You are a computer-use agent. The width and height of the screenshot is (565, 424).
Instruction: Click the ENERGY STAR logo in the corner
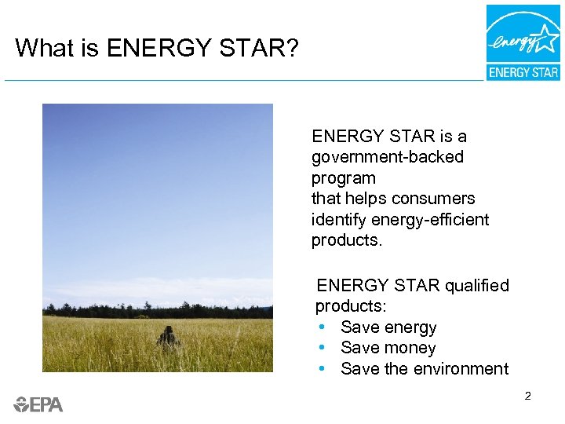coord(523,42)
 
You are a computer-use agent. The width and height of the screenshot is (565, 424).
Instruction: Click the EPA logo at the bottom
coord(38,404)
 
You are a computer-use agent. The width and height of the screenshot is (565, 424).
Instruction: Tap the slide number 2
coord(527,397)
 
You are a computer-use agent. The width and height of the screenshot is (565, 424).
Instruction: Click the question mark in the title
coord(291,49)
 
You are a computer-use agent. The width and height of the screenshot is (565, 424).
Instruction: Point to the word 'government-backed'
coord(387,157)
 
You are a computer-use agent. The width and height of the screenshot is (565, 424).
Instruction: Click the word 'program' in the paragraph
coord(343,178)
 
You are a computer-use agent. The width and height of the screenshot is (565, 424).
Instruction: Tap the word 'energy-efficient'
coord(429,220)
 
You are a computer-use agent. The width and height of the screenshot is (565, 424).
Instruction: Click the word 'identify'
coord(338,220)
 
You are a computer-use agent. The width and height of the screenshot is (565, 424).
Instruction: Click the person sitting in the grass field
coord(168,338)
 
